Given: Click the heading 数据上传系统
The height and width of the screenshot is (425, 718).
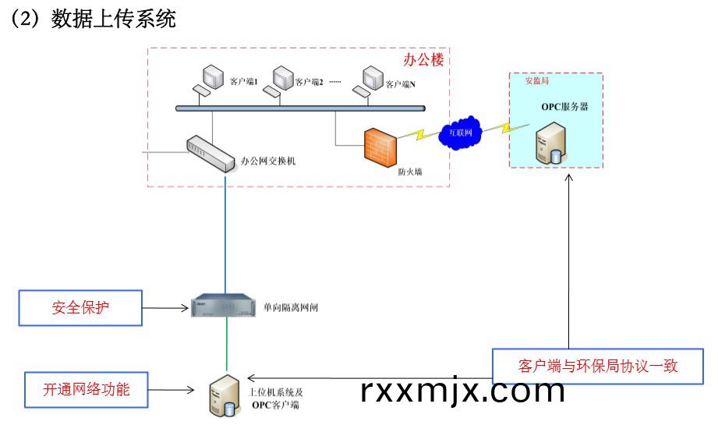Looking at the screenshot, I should click(113, 19).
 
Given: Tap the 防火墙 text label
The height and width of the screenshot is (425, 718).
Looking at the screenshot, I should click(410, 172).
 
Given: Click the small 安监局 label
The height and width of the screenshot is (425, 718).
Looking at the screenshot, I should click(525, 80).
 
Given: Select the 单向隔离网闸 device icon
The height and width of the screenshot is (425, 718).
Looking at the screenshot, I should click(224, 306).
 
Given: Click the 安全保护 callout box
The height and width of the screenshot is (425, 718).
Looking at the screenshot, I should click(81, 307).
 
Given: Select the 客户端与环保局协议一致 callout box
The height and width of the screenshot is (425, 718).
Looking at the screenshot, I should click(598, 365).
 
